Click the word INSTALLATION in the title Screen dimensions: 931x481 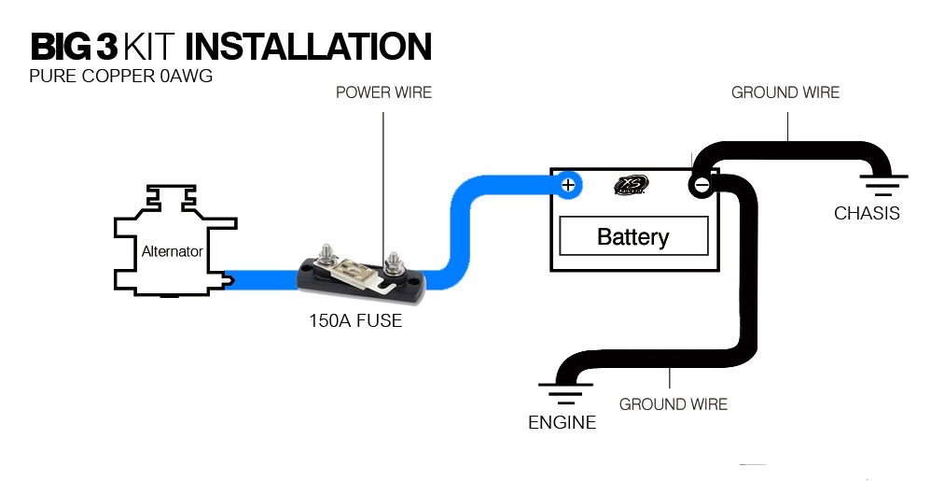308,47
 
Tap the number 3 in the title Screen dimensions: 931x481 107,47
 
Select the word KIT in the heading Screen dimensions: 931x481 151,47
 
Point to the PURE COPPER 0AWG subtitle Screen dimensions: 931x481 120,77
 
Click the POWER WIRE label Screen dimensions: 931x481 383,92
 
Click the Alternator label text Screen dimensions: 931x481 173,251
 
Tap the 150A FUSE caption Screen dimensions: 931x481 355,320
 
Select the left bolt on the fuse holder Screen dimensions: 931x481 326,257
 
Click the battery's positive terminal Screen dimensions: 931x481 568,185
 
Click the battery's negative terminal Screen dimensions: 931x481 702,186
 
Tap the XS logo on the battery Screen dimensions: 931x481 631,185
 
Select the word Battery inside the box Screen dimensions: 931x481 632,236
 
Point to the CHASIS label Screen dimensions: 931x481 867,213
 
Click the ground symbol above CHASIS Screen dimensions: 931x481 882,185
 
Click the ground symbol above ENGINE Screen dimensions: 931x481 564,393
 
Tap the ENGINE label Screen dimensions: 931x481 563,422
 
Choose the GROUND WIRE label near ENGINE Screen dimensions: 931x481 674,404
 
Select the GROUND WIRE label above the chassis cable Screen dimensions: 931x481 785,92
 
